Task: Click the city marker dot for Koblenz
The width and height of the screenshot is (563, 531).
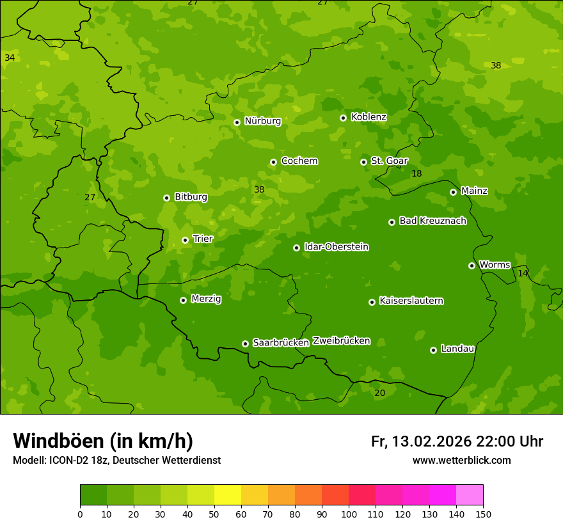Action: point(344,118)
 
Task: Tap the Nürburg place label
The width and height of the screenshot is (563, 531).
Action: point(262,121)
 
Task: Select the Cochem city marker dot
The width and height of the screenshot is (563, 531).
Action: point(273,162)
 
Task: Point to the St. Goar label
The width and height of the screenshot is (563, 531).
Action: point(389,161)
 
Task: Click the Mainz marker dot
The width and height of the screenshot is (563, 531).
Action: point(453,192)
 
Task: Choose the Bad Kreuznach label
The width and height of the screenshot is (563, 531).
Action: point(432,221)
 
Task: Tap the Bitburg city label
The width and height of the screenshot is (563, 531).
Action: point(191,197)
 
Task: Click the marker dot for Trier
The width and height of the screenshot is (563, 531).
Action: point(185,240)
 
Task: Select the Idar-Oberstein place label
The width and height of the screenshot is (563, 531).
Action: point(336,247)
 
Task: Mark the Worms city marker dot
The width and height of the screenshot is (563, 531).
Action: point(472,265)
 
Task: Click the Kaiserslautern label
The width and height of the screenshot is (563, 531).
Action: point(411,301)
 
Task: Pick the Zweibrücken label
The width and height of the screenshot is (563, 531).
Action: point(341,341)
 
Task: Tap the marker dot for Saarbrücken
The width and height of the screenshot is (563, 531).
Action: point(245,344)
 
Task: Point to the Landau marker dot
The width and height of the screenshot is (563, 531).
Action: point(433,350)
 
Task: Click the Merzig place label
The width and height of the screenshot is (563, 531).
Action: point(206,299)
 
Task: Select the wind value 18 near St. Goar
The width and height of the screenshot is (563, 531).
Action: point(416,174)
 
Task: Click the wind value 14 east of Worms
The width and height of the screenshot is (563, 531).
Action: point(523,273)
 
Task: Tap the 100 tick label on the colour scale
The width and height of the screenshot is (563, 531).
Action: point(349,514)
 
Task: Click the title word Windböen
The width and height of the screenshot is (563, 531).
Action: point(58,441)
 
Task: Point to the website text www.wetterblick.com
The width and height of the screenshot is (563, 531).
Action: point(461,461)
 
